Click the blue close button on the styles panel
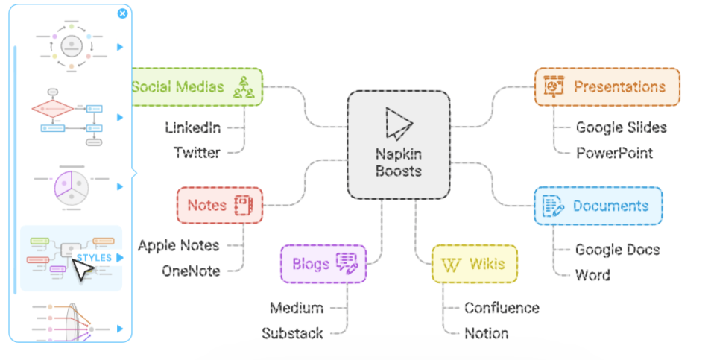coord(122,13)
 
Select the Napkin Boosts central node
coord(399,145)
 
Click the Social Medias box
coord(197,87)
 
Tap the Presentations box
coord(607,87)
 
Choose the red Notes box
coord(220,206)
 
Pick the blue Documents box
coord(598,206)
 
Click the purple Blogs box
coord(323,264)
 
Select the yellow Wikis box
coord(475,264)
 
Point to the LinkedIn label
coord(193,128)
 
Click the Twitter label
coord(197,153)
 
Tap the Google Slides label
coord(622,128)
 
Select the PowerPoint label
coord(615,153)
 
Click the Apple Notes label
coord(179,246)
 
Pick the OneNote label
coord(191,271)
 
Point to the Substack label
coord(293,333)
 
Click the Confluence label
coord(502,308)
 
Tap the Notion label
coord(487,333)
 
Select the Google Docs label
coord(617,250)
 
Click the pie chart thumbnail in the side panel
coord(72,187)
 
